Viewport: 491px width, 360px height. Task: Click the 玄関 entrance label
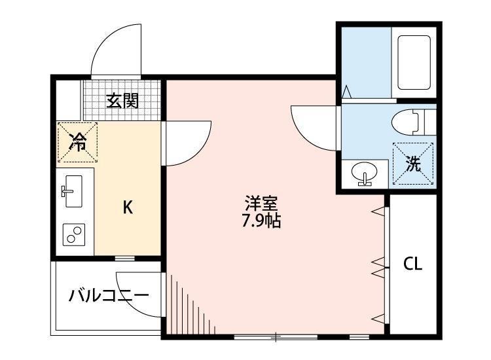122,101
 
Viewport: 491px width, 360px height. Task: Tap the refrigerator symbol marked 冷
78,142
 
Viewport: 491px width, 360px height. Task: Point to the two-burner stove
74,234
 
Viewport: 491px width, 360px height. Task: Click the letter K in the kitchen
128,208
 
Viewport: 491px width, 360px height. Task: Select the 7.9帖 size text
261,221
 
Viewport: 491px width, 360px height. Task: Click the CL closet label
412,264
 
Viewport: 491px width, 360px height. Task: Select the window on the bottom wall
275,337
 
